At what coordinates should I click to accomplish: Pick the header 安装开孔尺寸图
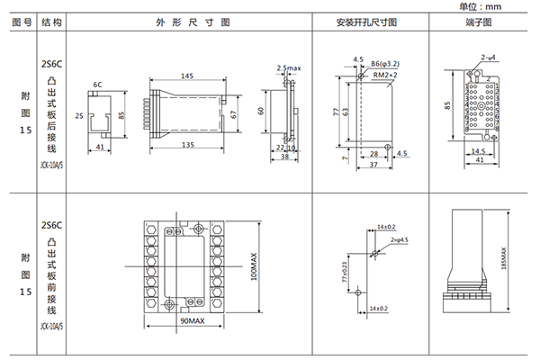(x=365, y=22)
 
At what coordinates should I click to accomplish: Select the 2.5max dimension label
(x=288, y=67)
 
